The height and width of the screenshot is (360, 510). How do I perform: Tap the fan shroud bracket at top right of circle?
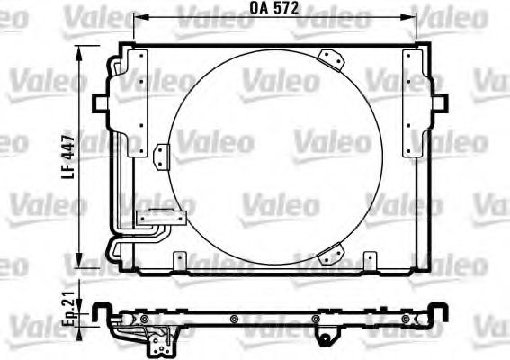(x=334, y=59)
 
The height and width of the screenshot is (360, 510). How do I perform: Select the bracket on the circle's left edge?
(x=162, y=156)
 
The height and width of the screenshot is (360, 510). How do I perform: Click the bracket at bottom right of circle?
(x=334, y=255)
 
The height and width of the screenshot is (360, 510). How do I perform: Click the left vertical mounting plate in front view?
(x=137, y=103)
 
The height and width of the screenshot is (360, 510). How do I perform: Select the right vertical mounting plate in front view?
(x=415, y=103)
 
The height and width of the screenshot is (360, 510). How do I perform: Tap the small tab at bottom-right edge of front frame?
(x=369, y=262)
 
